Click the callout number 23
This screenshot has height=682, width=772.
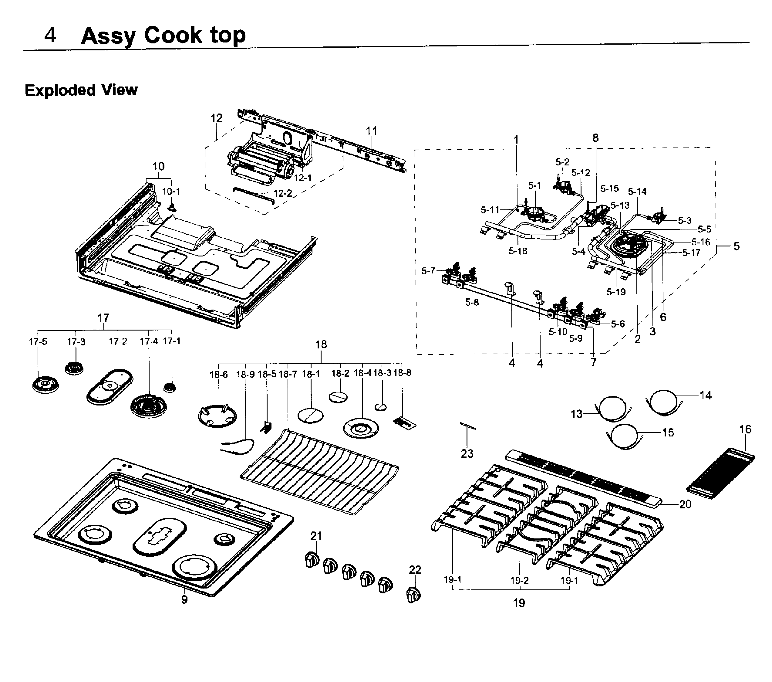pos(467,453)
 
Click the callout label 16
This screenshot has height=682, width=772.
pos(745,429)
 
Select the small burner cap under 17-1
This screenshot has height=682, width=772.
pos(170,388)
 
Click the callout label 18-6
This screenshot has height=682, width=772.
pos(219,375)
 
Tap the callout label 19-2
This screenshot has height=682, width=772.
pos(519,581)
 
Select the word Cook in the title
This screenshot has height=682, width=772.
pos(173,35)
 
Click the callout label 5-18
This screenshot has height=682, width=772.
pos(517,251)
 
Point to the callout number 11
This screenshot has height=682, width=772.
pos(371,131)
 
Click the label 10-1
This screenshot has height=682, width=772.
pos(171,192)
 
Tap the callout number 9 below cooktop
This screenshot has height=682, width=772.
pos(184,600)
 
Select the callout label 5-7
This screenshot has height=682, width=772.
pos(428,271)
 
